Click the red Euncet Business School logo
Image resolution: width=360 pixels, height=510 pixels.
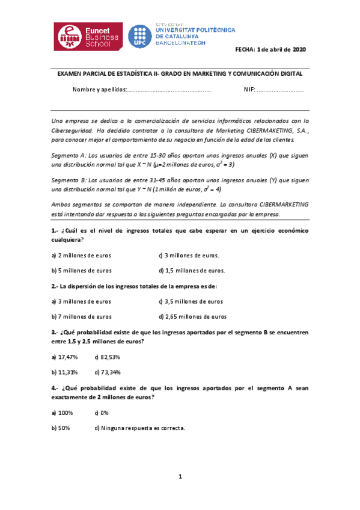pyautogui.click(x=88, y=37)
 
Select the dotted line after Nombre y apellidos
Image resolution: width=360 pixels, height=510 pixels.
pyautogui.click(x=170, y=90)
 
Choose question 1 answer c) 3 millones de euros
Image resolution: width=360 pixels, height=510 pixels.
pyautogui.click(x=189, y=255)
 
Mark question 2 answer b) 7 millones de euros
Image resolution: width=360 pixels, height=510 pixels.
pyautogui.click(x=82, y=316)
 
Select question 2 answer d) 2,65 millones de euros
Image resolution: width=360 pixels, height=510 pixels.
pyautogui.click(x=192, y=316)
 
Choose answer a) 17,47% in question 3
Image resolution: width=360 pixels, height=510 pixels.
pyautogui.click(x=64, y=357)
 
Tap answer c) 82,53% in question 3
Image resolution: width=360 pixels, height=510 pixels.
pyautogui.click(x=108, y=357)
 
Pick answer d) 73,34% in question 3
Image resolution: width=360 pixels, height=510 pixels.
pyautogui.click(x=108, y=372)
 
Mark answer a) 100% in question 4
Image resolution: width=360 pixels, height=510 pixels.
pyautogui.click(x=62, y=413)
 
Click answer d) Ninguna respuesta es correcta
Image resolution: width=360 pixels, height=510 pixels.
pyautogui.click(x=139, y=428)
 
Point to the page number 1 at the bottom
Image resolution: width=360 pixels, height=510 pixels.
pyautogui.click(x=180, y=477)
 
